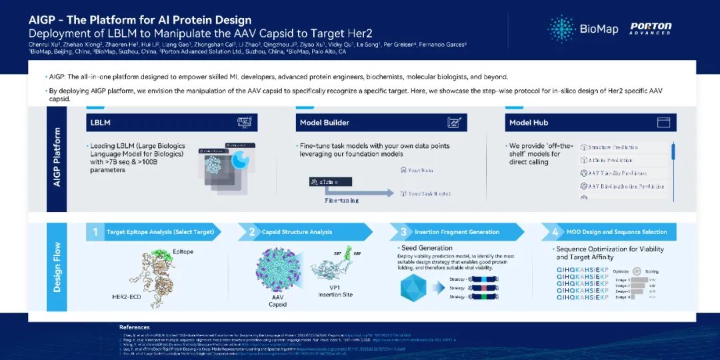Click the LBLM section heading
[99, 123]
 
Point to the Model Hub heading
[529, 123]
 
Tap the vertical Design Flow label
[57, 266]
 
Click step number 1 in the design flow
[95, 232]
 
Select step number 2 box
[252, 232]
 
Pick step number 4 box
[555, 232]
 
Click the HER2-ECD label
[126, 295]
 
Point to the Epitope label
[183, 251]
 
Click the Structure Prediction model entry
[612, 147]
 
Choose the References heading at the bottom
[134, 327]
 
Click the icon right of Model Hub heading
[663, 123]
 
